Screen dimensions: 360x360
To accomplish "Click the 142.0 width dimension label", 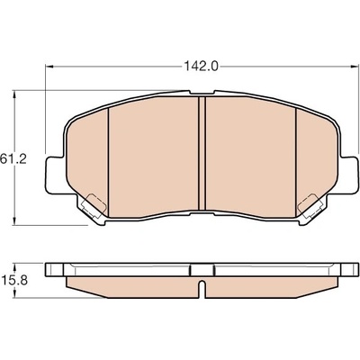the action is tap(201, 67).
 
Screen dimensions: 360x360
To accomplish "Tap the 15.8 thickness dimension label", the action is tap(14, 281).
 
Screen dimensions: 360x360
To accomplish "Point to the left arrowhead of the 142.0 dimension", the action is tap(49, 67).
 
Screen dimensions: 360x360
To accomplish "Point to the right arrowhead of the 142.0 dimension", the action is tap(355, 67).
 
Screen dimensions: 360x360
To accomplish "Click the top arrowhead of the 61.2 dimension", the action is tap(13, 94).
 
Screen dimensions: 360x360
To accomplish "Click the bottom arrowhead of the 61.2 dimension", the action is tap(13, 220).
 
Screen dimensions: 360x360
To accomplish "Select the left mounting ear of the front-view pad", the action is tap(55, 175).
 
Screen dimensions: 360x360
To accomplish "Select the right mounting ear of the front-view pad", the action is tap(349, 175).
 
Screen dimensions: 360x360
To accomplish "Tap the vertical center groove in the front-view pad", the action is tap(202, 153).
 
